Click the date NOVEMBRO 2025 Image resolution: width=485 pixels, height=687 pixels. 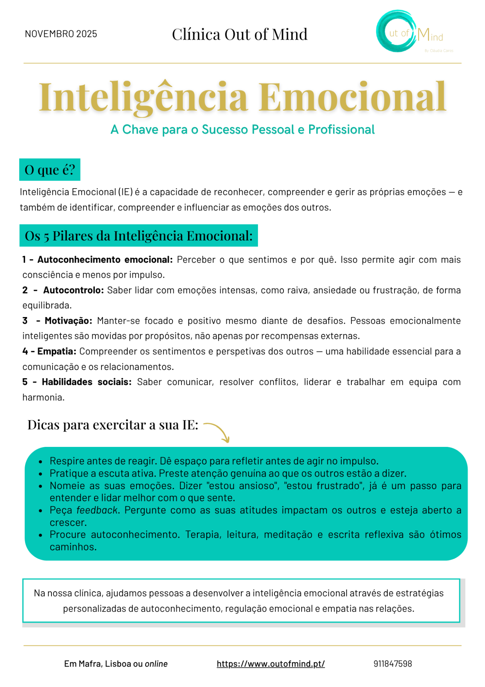coord(61,34)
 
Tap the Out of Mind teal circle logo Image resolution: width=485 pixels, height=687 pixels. coord(396,31)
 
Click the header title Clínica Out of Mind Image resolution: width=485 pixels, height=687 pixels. coord(239,34)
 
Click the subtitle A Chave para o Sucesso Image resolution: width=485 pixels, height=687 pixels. coord(242,130)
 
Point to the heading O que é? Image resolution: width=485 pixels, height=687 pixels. coord(50,170)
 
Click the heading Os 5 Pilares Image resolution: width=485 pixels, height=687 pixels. coord(139,236)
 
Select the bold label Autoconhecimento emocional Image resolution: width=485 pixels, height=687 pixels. coord(105,259)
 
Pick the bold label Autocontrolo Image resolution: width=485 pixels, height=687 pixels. coord(73,290)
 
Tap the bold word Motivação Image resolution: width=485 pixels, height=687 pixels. coord(68,321)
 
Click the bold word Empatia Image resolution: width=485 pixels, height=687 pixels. coord(56,351)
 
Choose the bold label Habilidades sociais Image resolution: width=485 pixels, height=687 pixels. coord(86,382)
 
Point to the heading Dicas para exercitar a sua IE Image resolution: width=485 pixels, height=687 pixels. coord(113,425)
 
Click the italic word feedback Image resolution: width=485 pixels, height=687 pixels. coord(97,510)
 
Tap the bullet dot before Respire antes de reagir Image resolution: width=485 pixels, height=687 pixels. coord(41,462)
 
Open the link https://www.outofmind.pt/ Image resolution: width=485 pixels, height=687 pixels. coord(271,664)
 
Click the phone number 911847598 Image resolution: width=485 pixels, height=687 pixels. coord(392,664)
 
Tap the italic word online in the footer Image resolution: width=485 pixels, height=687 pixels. coord(156,664)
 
